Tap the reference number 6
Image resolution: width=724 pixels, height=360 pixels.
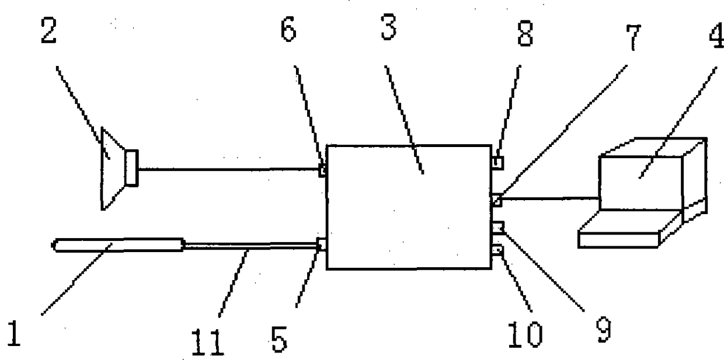(x=288, y=29)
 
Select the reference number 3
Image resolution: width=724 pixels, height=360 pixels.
(x=389, y=27)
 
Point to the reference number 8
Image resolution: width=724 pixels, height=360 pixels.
(x=525, y=33)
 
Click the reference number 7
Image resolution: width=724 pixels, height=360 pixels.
(x=633, y=37)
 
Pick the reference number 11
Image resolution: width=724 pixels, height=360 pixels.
(x=207, y=342)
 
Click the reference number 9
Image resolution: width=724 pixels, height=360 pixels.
(x=604, y=330)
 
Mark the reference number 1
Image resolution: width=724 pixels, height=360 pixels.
(x=13, y=333)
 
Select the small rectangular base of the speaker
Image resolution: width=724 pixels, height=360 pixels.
(x=132, y=168)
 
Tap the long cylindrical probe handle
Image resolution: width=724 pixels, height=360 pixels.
(x=118, y=244)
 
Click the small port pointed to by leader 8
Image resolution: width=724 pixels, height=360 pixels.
(x=497, y=163)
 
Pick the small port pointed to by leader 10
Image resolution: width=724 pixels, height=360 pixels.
(x=497, y=250)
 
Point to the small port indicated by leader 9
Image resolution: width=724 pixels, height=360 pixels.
(x=498, y=226)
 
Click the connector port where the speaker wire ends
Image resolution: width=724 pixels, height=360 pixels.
(x=322, y=170)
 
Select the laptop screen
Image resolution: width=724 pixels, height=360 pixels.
(x=641, y=183)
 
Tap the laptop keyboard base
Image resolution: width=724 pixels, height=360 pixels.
(x=618, y=240)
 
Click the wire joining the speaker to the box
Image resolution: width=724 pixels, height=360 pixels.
(x=229, y=169)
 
